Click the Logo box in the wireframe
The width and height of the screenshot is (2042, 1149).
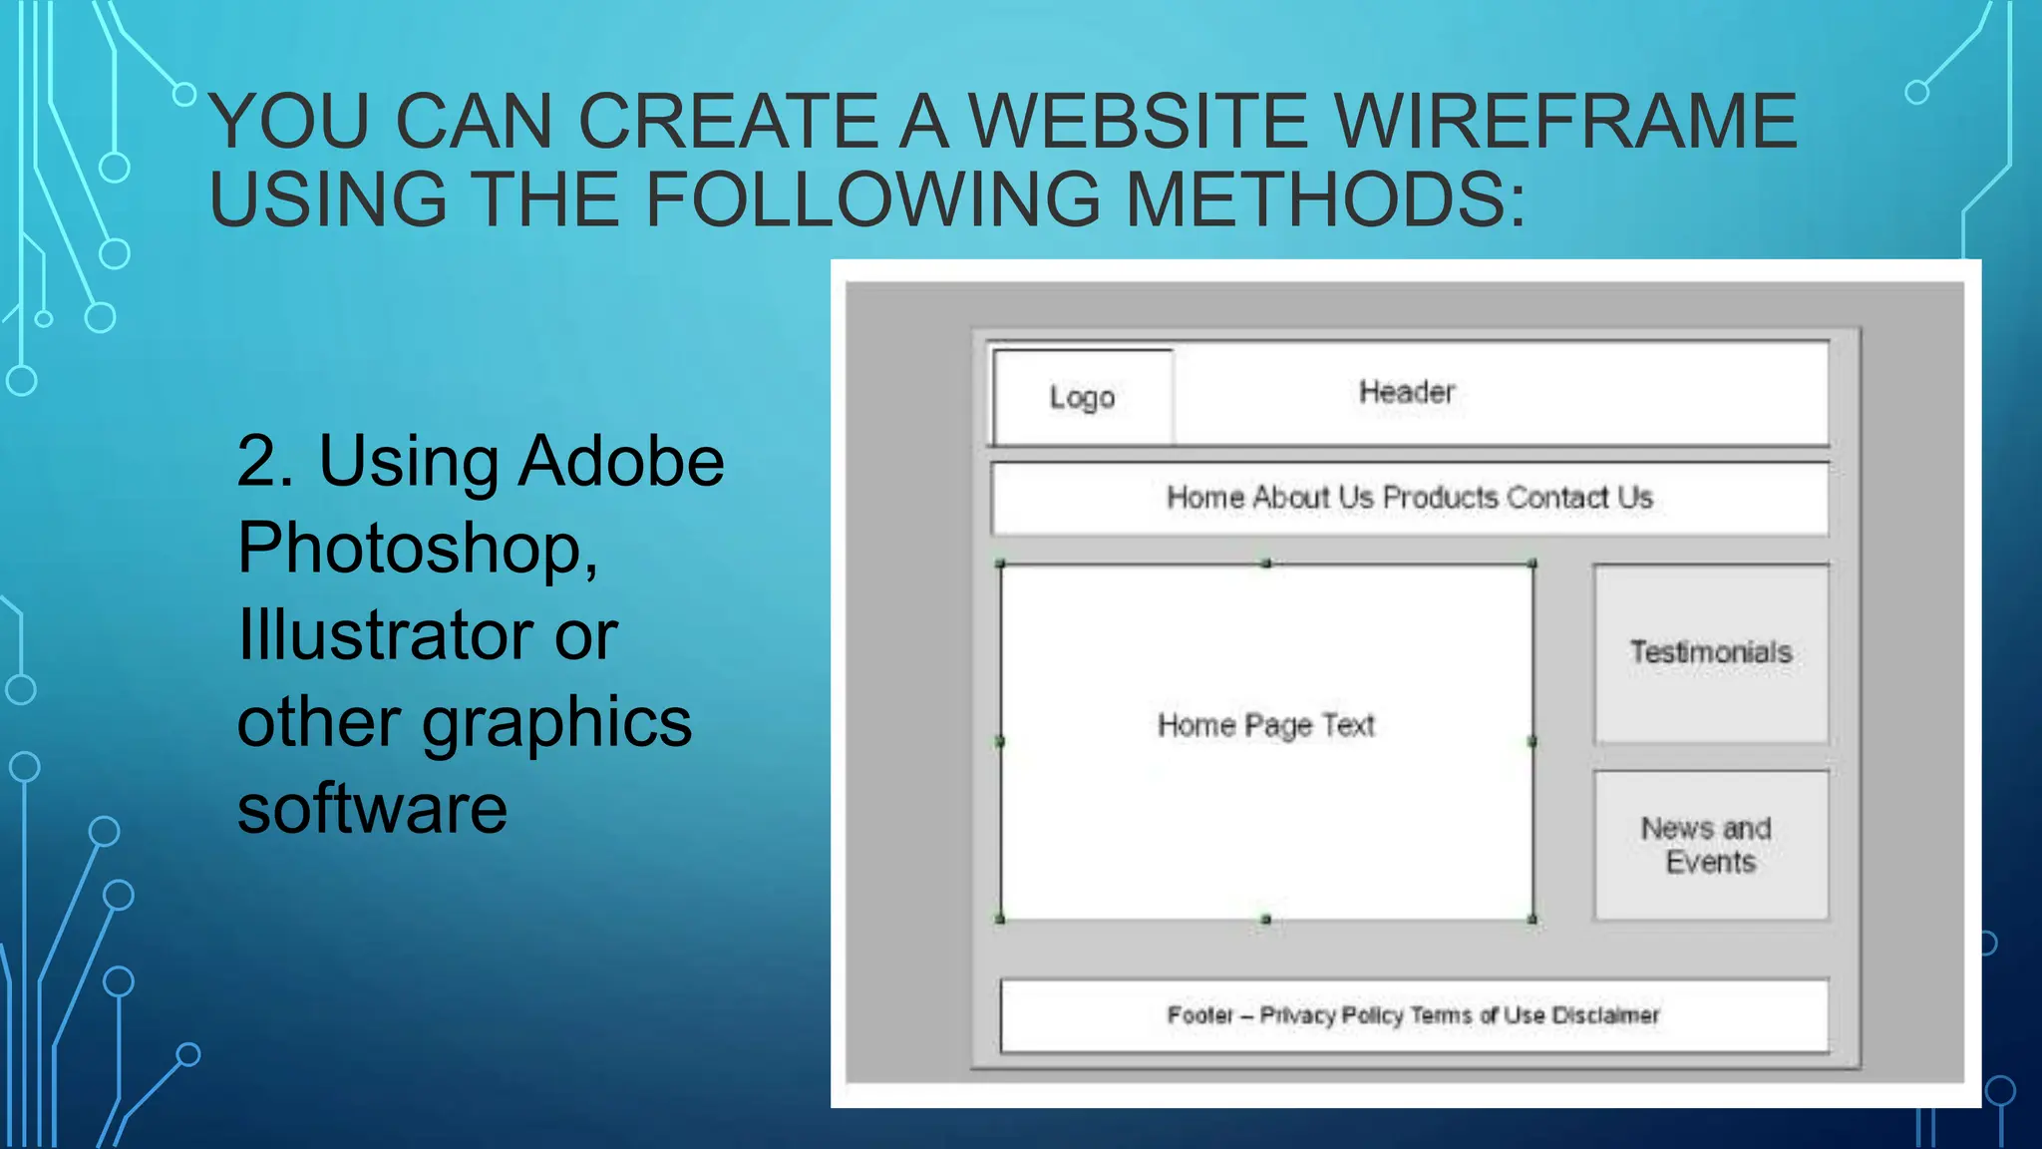click(1083, 397)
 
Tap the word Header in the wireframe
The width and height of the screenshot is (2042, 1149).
click(1407, 392)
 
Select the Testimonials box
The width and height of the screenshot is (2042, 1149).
click(1711, 653)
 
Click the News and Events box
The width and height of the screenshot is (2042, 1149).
click(1711, 845)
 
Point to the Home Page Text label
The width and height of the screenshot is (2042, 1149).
click(1266, 725)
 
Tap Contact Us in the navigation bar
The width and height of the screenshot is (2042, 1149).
click(1579, 497)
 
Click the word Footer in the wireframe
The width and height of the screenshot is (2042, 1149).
click(1199, 1015)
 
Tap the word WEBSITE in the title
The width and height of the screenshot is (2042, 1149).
click(1138, 122)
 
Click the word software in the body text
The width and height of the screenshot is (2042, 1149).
click(372, 808)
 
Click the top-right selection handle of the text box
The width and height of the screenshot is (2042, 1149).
click(1532, 565)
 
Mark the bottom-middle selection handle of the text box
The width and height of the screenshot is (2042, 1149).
click(1266, 919)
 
